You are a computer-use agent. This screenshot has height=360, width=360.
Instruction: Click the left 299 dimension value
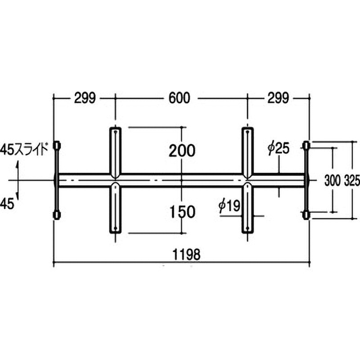point(85,98)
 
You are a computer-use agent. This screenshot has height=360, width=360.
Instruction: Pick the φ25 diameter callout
point(278,148)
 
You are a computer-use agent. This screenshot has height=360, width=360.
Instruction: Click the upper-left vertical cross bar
point(115,151)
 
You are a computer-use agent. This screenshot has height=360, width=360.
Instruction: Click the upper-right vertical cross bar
point(247,151)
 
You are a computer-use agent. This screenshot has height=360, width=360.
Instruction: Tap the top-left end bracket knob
point(57,146)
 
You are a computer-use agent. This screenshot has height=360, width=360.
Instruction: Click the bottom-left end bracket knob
point(57,215)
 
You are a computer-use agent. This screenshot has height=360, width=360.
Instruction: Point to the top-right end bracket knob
point(306,145)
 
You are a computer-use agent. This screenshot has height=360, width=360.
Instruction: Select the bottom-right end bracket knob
point(306,215)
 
